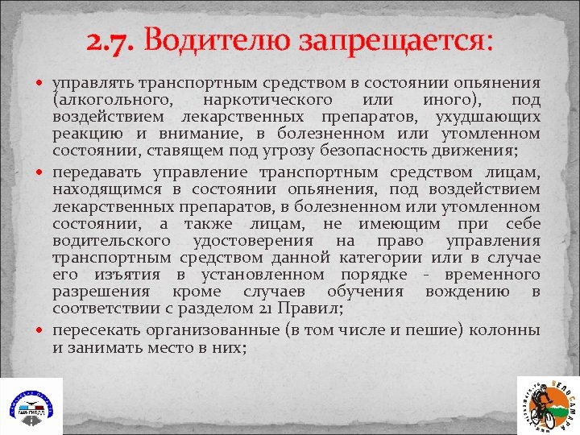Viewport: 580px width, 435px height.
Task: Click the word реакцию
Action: coord(83,134)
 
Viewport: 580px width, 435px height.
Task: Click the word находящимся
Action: coord(102,189)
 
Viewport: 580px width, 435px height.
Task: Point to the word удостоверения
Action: coord(257,241)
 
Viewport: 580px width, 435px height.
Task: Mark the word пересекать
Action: coord(99,330)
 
